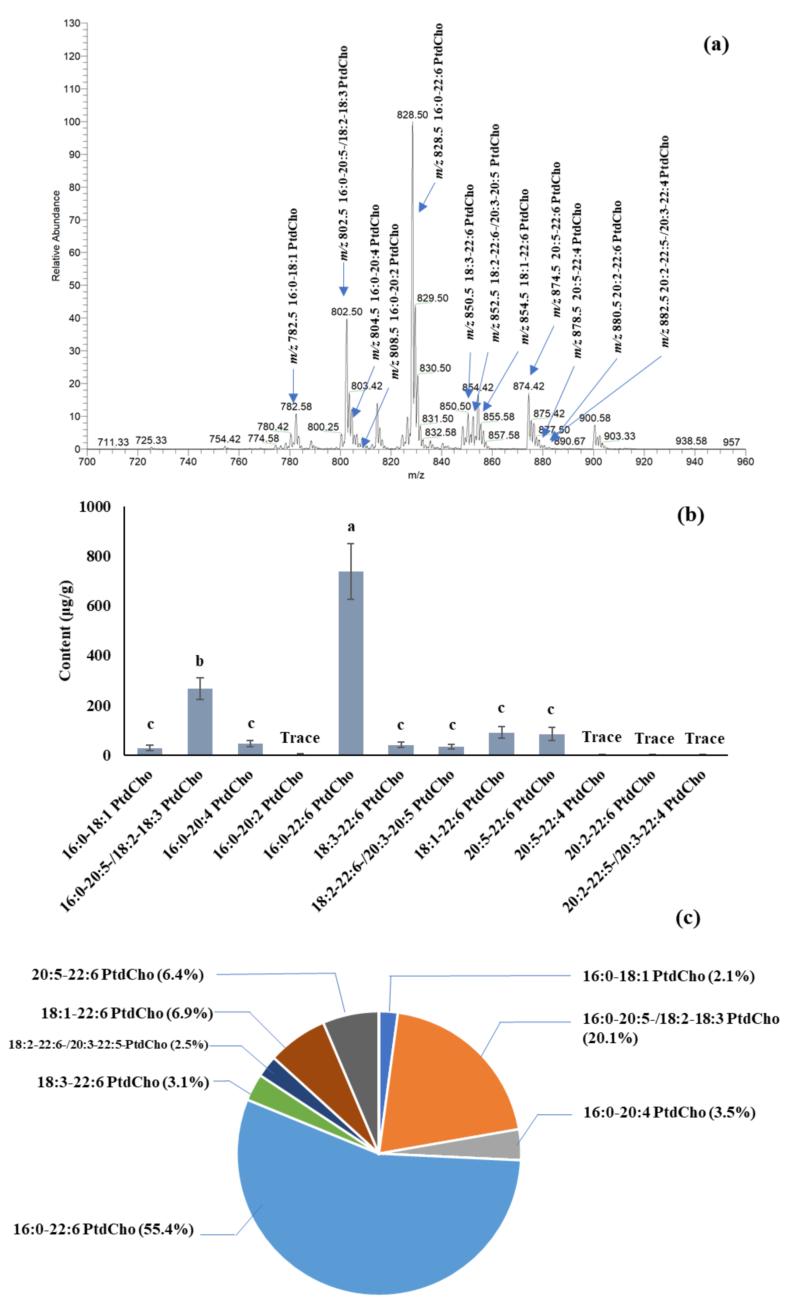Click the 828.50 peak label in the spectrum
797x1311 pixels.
pyautogui.click(x=412, y=114)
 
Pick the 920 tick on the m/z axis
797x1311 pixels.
pyautogui.click(x=644, y=461)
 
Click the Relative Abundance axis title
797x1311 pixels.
pyautogui.click(x=56, y=236)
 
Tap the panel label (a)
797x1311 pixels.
pyautogui.click(x=716, y=45)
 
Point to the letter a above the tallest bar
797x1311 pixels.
pyautogui.click(x=351, y=527)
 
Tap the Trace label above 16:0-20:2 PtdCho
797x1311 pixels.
pyautogui.click(x=300, y=737)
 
